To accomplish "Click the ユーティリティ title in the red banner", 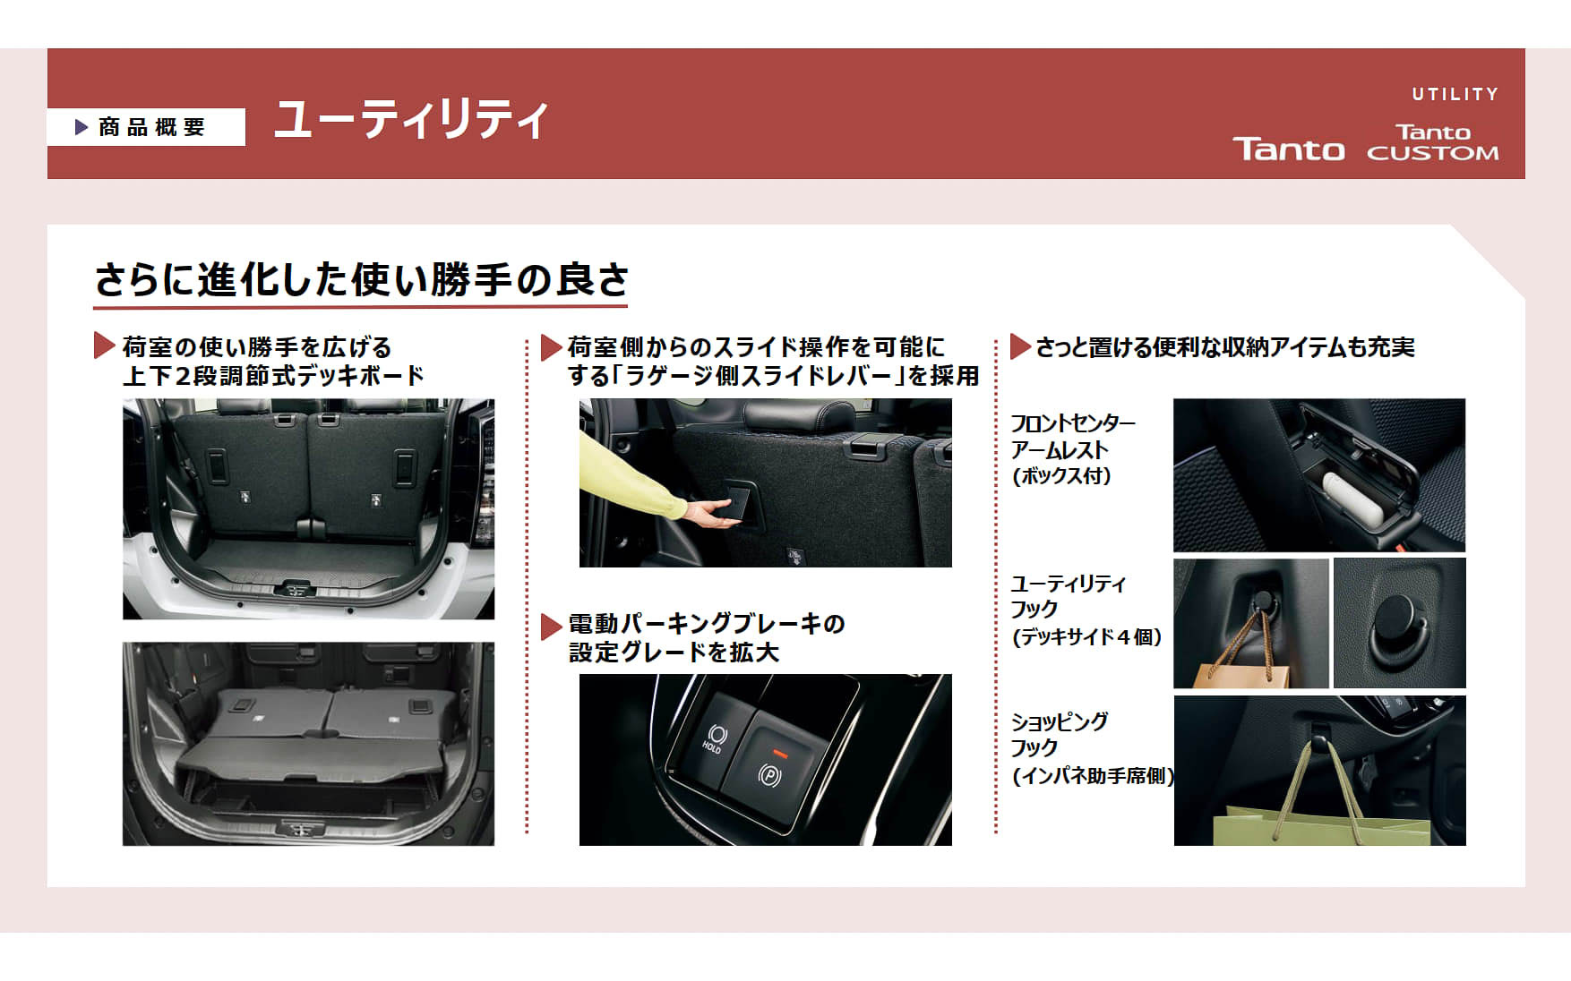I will (x=410, y=120).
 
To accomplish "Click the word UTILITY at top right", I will (x=1455, y=94).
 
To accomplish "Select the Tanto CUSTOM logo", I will (x=1432, y=143).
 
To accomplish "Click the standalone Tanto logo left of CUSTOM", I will (x=1288, y=149).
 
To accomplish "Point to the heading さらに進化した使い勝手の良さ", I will (x=361, y=280).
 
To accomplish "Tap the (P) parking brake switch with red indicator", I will (x=770, y=768).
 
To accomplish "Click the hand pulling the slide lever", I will (x=712, y=512).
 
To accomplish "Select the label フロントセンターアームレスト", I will (x=1071, y=437).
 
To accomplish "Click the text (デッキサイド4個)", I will (x=1086, y=637).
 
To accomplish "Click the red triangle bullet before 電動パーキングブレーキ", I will (x=551, y=626).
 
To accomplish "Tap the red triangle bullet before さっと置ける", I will (x=1019, y=346).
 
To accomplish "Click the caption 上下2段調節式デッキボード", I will (x=272, y=376).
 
